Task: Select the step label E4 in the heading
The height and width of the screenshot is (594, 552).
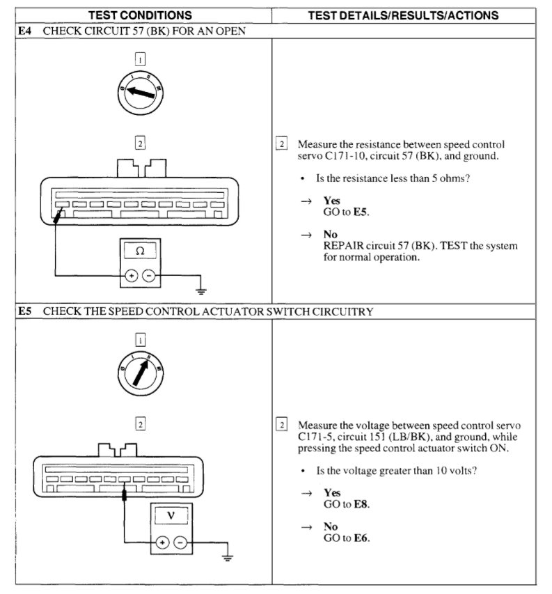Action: tap(24, 31)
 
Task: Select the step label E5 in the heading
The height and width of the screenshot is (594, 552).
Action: tap(24, 312)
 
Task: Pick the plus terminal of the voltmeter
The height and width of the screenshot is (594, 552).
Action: tap(161, 541)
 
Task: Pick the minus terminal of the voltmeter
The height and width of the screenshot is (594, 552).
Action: tap(180, 541)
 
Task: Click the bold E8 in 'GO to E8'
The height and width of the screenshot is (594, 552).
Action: tap(361, 504)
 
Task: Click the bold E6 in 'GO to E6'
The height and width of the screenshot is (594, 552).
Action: tap(361, 538)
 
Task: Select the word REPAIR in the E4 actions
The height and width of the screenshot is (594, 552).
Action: tap(342, 246)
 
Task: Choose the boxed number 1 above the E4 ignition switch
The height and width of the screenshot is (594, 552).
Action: tap(140, 60)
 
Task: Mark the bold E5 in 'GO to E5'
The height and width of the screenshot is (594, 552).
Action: tap(359, 211)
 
